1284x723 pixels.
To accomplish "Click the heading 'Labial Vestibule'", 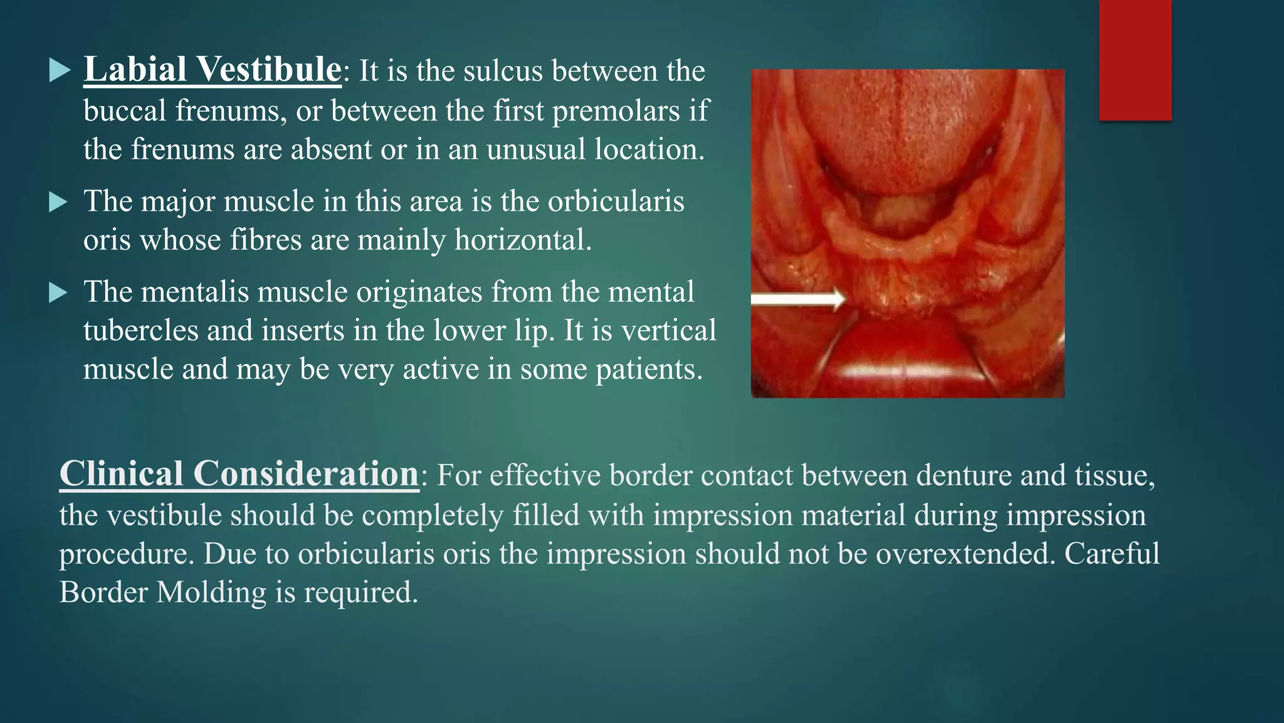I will tap(213, 70).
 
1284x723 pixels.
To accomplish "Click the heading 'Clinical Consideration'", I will tap(239, 474).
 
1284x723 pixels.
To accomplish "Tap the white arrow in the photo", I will tap(799, 299).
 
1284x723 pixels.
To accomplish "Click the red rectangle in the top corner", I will tap(1135, 60).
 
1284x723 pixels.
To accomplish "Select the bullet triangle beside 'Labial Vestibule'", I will tap(59, 70).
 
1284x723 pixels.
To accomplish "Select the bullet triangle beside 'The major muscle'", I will tap(59, 202).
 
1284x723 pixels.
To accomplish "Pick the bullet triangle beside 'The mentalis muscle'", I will tap(59, 292).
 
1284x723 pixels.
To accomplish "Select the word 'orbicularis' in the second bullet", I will tap(616, 202).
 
